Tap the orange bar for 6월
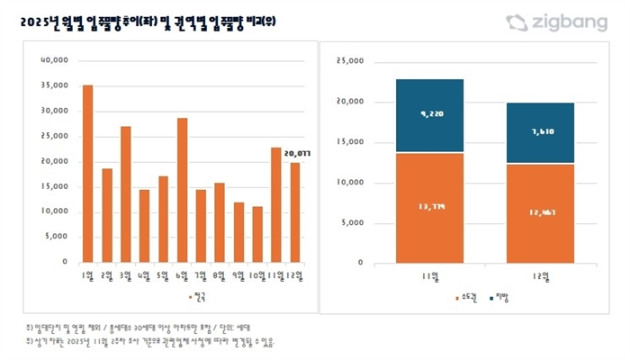pyautogui.click(x=182, y=190)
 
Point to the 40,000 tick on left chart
pyautogui.click(x=54, y=61)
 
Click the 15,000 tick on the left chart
pyautogui.click(x=54, y=186)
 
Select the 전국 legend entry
pyautogui.click(x=197, y=295)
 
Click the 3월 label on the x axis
pyautogui.click(x=125, y=274)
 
